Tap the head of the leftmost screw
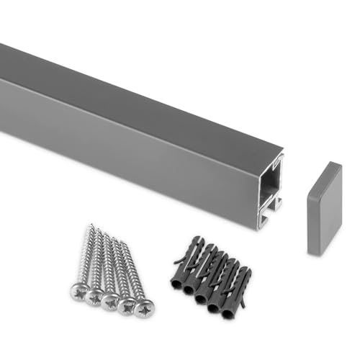tap(79, 292)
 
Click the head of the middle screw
tap(110, 301)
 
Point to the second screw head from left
tap(94, 296)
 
